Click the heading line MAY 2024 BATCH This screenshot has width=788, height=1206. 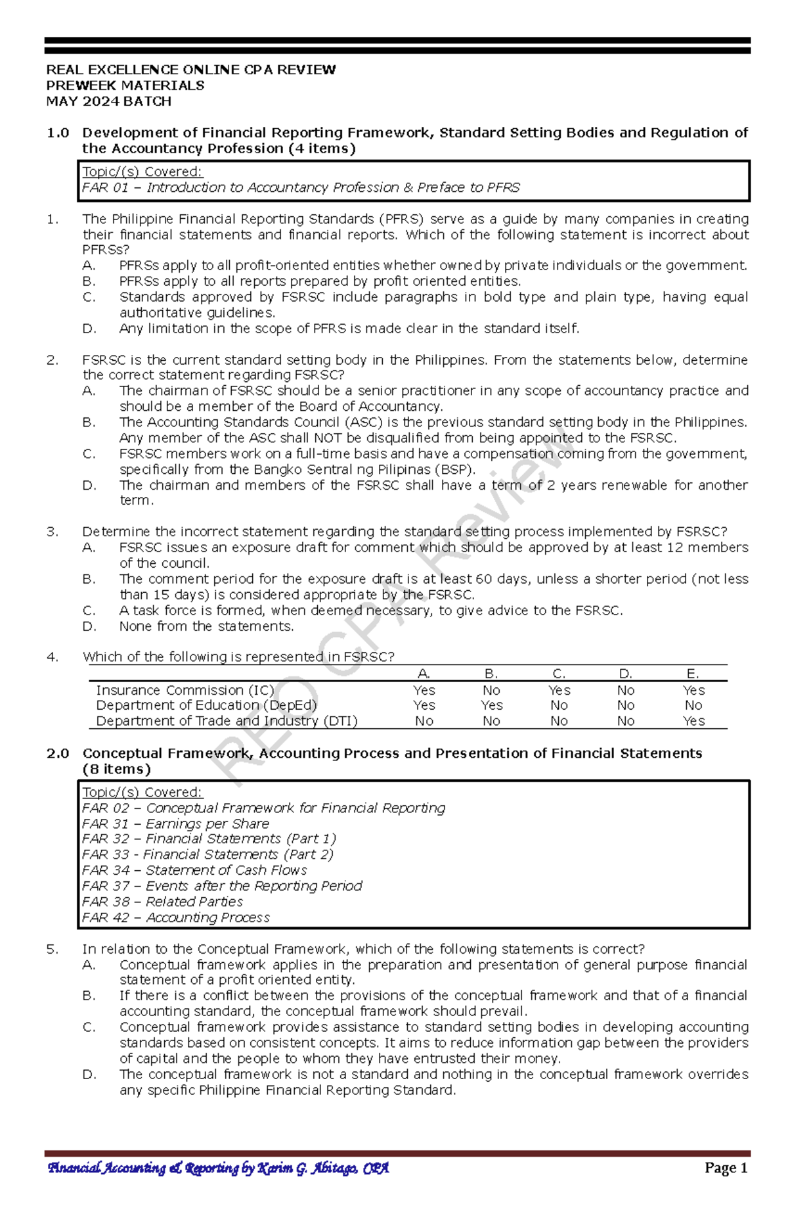coord(108,101)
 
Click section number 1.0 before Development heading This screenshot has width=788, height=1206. coord(58,133)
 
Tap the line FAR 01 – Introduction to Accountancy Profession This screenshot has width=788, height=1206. coord(300,188)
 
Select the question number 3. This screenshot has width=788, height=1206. coord(52,532)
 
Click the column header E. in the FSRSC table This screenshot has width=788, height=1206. coord(693,674)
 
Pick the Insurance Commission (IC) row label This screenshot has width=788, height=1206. coord(185,690)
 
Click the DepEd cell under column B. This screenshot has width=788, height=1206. coord(491,705)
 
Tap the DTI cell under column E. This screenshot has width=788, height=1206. coord(693,721)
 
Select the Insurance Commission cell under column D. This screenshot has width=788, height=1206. coord(625,690)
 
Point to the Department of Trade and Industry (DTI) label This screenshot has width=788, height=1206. coord(227,721)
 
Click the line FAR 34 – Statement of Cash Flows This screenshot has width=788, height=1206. coord(194,870)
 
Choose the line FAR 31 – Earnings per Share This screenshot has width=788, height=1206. coord(175,823)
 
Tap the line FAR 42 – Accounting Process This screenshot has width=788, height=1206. coord(176,917)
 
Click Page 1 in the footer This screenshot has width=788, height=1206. coord(726,1168)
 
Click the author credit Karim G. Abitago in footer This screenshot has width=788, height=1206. coord(218,1168)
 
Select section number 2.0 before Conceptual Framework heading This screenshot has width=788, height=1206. coord(58,754)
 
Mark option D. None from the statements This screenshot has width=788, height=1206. coord(206,626)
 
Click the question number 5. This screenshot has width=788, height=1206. coord(52,949)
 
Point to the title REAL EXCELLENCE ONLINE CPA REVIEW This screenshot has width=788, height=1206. coord(190,70)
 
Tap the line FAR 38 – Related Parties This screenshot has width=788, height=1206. coord(162,902)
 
